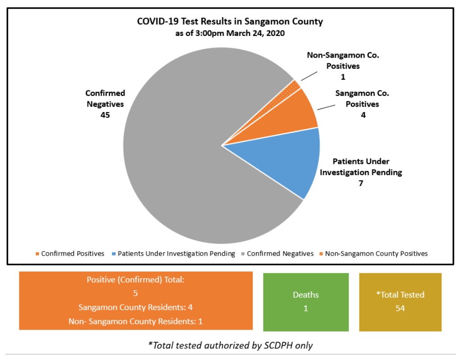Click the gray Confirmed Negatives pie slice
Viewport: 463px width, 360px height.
[180, 157]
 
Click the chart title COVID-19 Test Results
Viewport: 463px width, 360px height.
[230, 22]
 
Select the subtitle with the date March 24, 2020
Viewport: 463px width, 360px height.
[230, 33]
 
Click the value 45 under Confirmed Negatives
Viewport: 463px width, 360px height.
[105, 115]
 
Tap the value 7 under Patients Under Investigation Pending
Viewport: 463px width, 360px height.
[360, 183]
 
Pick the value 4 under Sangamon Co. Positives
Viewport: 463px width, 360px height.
[363, 115]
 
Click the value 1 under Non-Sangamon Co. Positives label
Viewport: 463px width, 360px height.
[343, 76]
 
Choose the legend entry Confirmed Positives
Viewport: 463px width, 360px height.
[72, 253]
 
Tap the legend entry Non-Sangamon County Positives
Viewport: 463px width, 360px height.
[376, 253]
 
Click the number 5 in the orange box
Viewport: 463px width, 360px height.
[135, 293]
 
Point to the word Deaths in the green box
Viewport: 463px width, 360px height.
[306, 295]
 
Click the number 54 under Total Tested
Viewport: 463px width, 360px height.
[400, 309]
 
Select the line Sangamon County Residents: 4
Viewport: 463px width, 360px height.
[135, 307]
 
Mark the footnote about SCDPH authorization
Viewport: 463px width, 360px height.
[230, 346]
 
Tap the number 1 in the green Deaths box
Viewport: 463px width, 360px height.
[306, 309]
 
